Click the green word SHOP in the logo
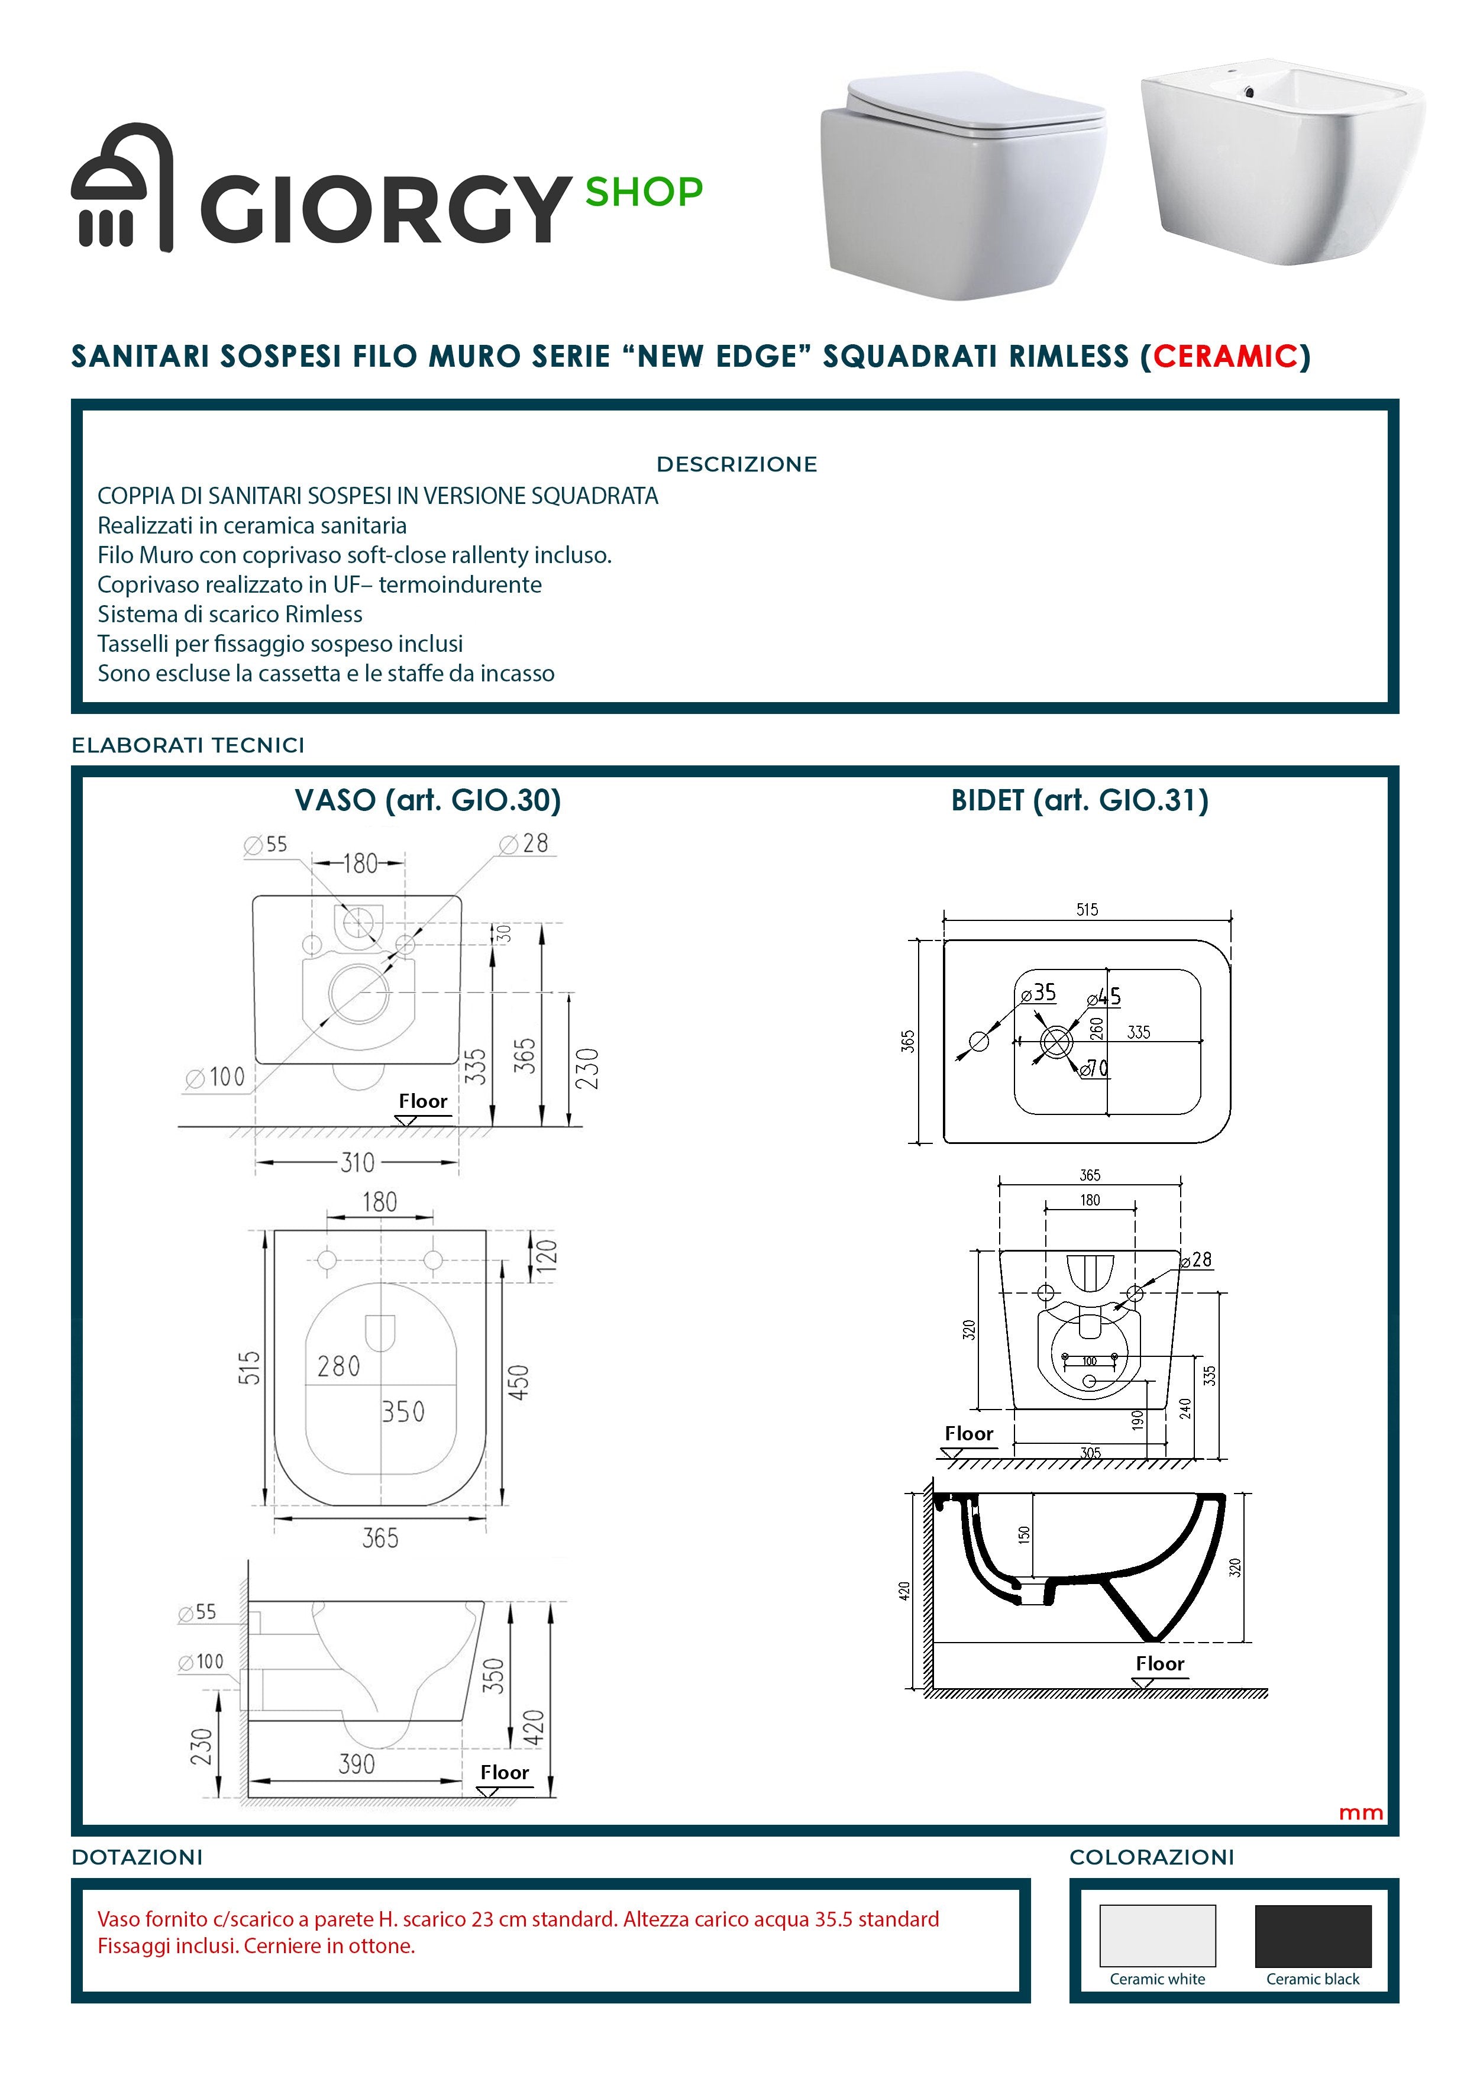click(644, 192)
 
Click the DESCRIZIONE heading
click(736, 464)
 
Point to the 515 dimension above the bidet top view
click(1087, 909)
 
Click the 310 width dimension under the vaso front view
click(357, 1162)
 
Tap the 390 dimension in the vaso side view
click(356, 1763)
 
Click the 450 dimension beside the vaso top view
click(519, 1382)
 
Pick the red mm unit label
click(1361, 1812)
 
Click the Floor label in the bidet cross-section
click(1159, 1663)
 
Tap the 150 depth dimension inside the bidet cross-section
click(1023, 1534)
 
